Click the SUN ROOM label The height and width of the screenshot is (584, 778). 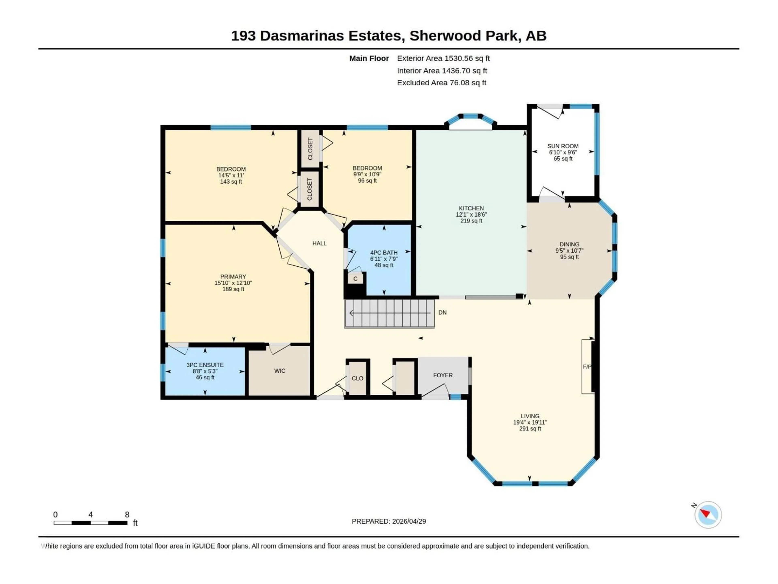coord(563,146)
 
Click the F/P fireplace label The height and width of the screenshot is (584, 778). coord(587,367)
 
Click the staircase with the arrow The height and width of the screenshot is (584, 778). coord(389,313)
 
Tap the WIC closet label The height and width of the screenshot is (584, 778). coord(280,371)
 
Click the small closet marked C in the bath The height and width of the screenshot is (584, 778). coord(355,279)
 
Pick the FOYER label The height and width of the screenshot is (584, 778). coord(443,375)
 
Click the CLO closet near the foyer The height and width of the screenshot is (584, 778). coord(357,378)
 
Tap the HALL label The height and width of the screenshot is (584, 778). coord(319,243)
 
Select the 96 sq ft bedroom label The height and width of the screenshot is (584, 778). coord(367,181)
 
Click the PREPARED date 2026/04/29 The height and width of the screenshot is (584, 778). coord(389,521)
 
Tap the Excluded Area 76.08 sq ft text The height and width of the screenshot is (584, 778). coord(441,83)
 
